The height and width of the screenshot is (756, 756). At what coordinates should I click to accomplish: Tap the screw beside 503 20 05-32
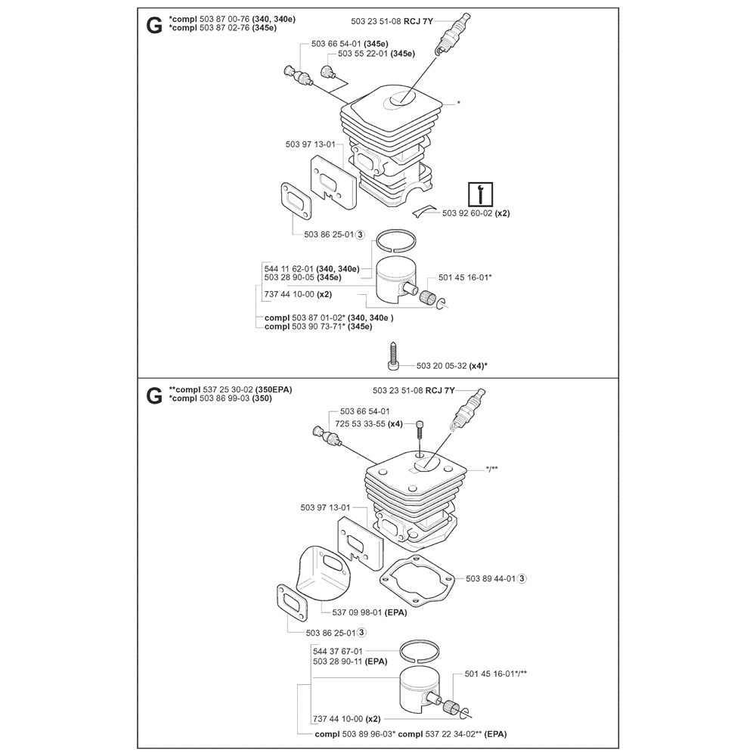(394, 357)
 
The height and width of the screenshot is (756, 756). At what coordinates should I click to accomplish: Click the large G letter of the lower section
(154, 395)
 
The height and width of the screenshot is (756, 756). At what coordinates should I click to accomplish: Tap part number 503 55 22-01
(365, 54)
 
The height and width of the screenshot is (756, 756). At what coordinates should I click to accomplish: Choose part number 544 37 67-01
(337, 651)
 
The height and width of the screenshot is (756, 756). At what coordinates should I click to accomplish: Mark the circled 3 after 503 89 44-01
(522, 579)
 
